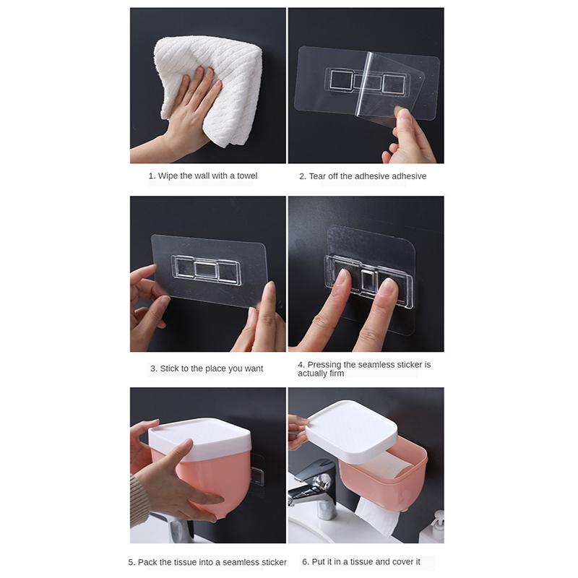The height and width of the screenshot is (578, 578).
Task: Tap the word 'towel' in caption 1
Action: coord(247,176)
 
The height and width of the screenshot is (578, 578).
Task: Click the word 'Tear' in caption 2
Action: coord(317,176)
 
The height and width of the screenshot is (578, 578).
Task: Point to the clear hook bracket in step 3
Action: coord(206,270)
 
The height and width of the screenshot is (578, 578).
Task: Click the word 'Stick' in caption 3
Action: coord(169,368)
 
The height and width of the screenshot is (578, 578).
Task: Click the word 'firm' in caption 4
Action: coord(337,374)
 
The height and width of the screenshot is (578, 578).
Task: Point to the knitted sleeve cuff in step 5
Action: coord(139,501)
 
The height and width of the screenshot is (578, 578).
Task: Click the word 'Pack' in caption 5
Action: coord(147,562)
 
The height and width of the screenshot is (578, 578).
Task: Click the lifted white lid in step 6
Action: coord(351,431)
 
